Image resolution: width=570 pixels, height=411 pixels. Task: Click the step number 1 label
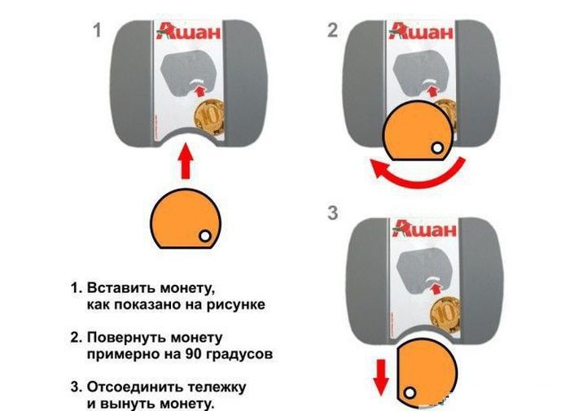pyautogui.click(x=97, y=32)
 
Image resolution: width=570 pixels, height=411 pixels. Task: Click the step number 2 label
pyautogui.click(x=332, y=32)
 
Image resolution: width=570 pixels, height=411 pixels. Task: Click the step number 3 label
pyautogui.click(x=332, y=214)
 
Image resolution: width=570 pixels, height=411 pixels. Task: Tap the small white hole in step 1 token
pyautogui.click(x=204, y=235)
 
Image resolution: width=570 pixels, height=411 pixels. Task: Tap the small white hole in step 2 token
pyautogui.click(x=438, y=147)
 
